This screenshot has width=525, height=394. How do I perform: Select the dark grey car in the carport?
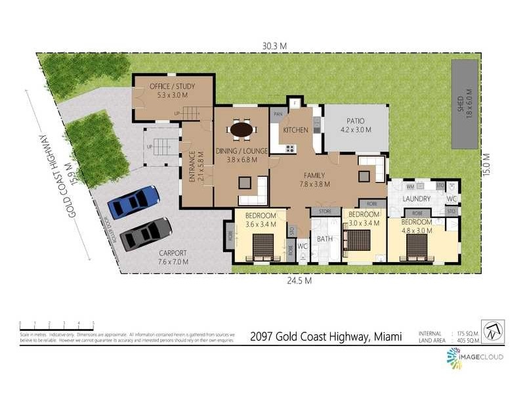146,234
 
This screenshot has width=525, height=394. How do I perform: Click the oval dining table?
241,129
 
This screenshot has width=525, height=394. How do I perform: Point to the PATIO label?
356,121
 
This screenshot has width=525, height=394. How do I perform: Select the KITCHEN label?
295,130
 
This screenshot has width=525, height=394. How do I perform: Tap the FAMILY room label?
316,175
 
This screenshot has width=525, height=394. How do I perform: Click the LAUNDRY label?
417,198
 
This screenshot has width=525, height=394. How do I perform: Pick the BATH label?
325,239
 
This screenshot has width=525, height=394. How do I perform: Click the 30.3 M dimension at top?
275,45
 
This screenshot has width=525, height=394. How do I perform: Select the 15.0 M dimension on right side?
488,163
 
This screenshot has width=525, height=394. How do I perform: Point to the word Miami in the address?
388,336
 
